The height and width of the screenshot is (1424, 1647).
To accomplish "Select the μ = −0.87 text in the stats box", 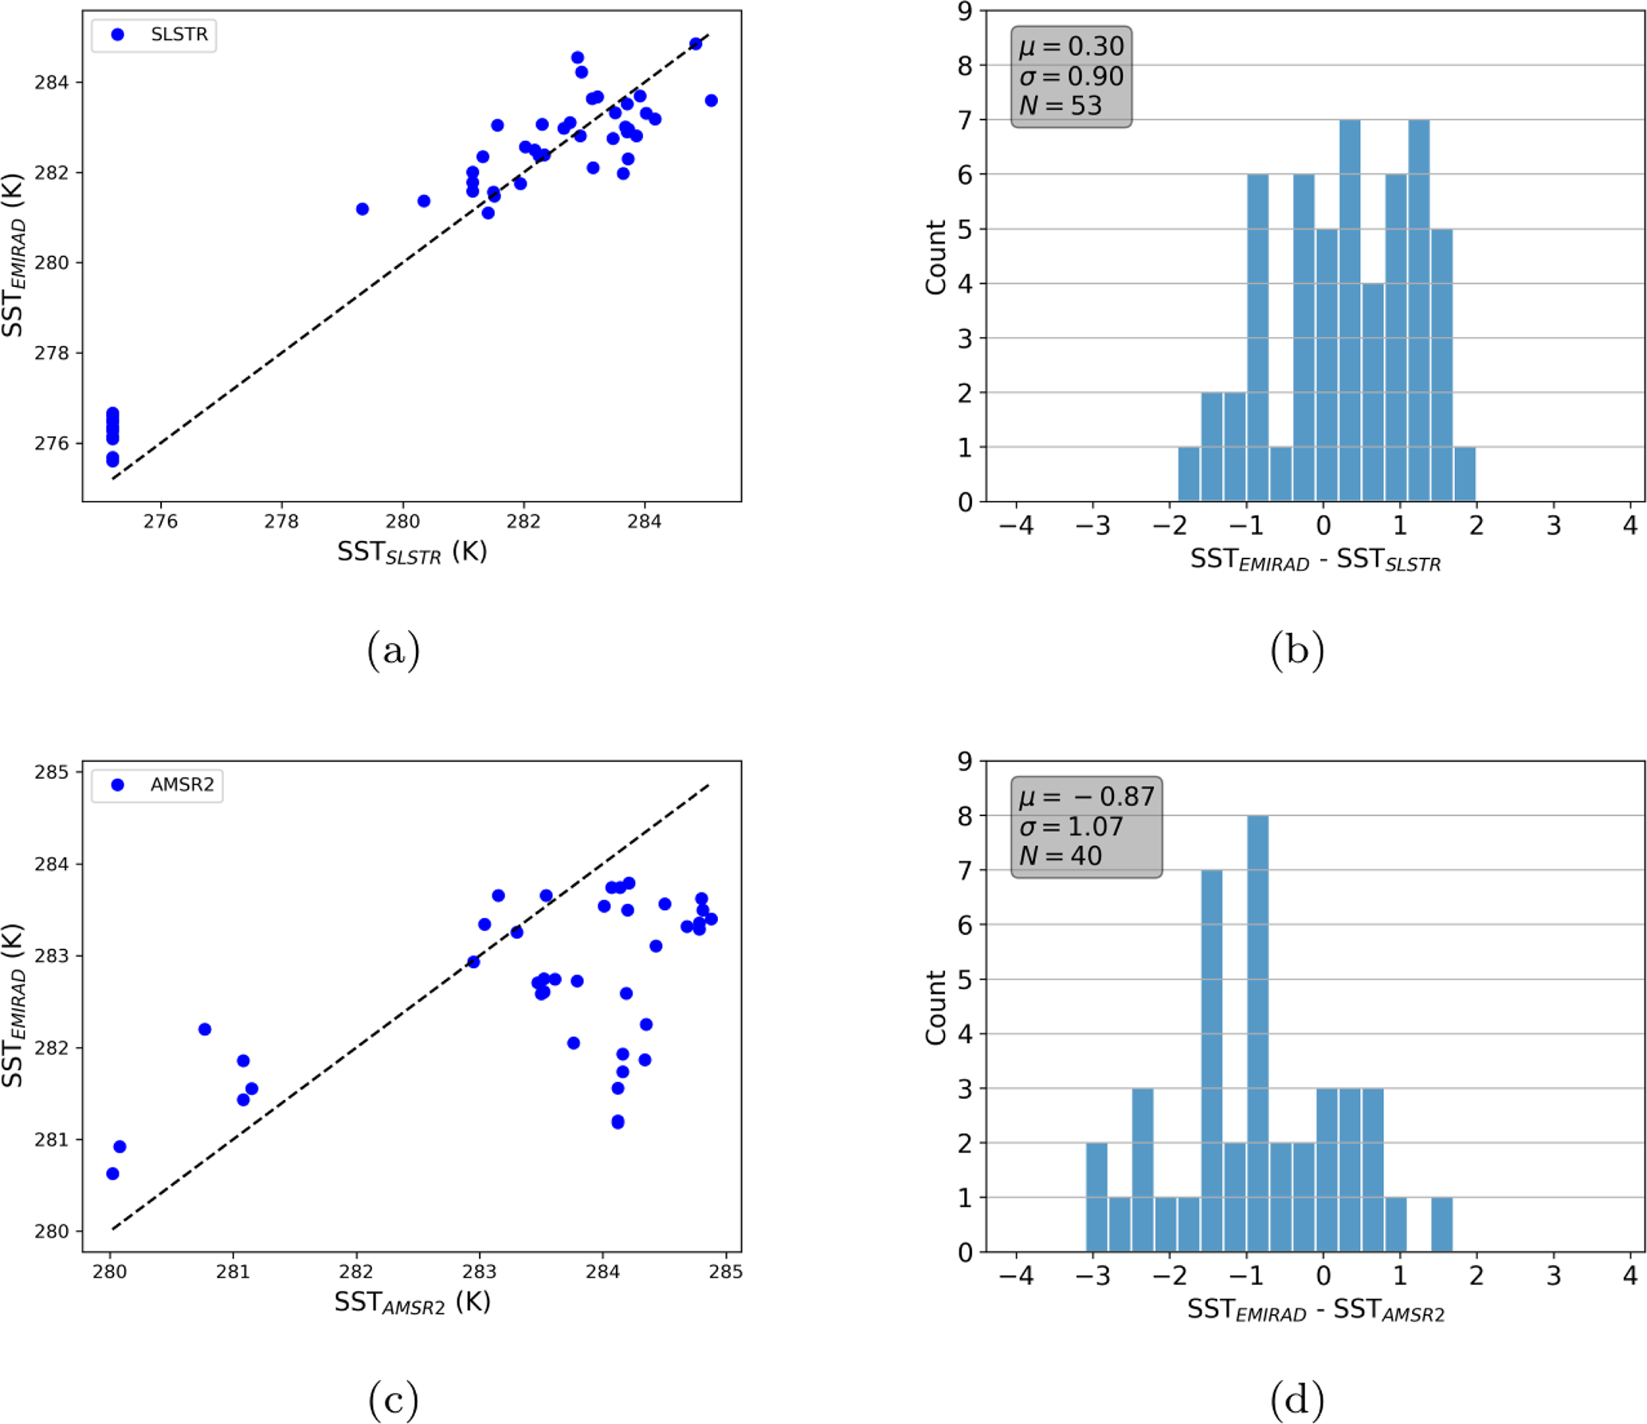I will click(x=1086, y=796).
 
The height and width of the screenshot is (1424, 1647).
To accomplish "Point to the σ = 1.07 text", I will click(x=1071, y=826).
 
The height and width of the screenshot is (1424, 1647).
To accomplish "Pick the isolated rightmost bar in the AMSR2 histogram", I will click(x=1441, y=1224).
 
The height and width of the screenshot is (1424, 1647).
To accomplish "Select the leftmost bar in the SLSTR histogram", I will click(x=1189, y=474).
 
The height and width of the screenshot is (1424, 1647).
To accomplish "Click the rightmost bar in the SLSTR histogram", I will click(x=1465, y=474).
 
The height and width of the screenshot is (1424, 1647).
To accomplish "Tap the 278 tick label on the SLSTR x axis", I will click(x=281, y=522).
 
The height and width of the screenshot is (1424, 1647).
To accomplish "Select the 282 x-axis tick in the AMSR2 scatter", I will click(x=356, y=1272).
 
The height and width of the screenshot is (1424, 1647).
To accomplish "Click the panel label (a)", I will click(x=394, y=650).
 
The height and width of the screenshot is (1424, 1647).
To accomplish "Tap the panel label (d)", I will click(x=1297, y=1400).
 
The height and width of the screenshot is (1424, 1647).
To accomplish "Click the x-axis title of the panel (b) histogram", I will click(x=1316, y=560).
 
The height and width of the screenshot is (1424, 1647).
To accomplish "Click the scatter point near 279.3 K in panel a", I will click(x=363, y=209).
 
